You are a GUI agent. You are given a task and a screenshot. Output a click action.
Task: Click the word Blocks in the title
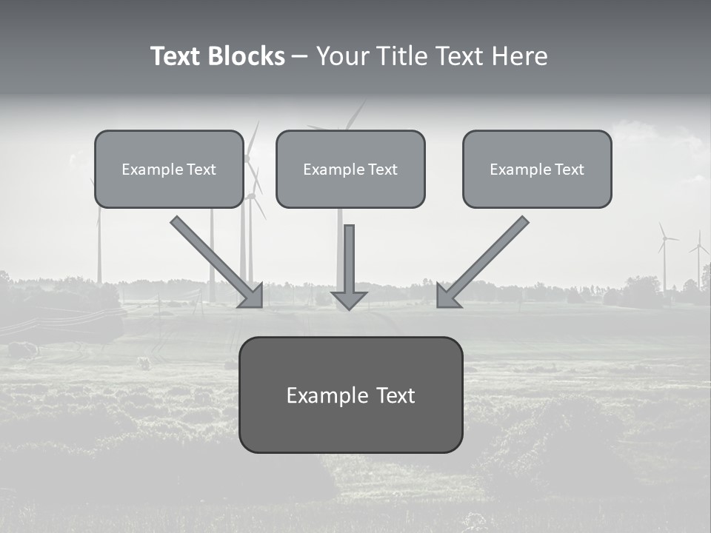pyautogui.click(x=247, y=56)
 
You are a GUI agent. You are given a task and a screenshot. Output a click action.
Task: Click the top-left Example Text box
pyautogui.click(x=169, y=169)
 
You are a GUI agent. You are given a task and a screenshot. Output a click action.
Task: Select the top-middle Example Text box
pyautogui.click(x=350, y=169)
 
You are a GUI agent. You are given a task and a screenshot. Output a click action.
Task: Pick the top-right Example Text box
pyautogui.click(x=538, y=169)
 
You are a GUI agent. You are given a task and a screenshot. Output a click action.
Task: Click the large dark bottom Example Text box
pyautogui.click(x=351, y=395)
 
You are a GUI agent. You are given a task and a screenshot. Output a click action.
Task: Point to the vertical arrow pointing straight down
pyautogui.click(x=349, y=267)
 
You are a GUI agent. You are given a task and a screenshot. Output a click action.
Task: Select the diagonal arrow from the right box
pyautogui.click(x=482, y=263)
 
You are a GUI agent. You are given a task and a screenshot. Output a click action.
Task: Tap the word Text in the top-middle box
pyautogui.click(x=383, y=170)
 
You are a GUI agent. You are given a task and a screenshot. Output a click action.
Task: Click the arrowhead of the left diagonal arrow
pyautogui.click(x=253, y=298)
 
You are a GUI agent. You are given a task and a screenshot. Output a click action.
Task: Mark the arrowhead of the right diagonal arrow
pyautogui.click(x=447, y=298)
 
